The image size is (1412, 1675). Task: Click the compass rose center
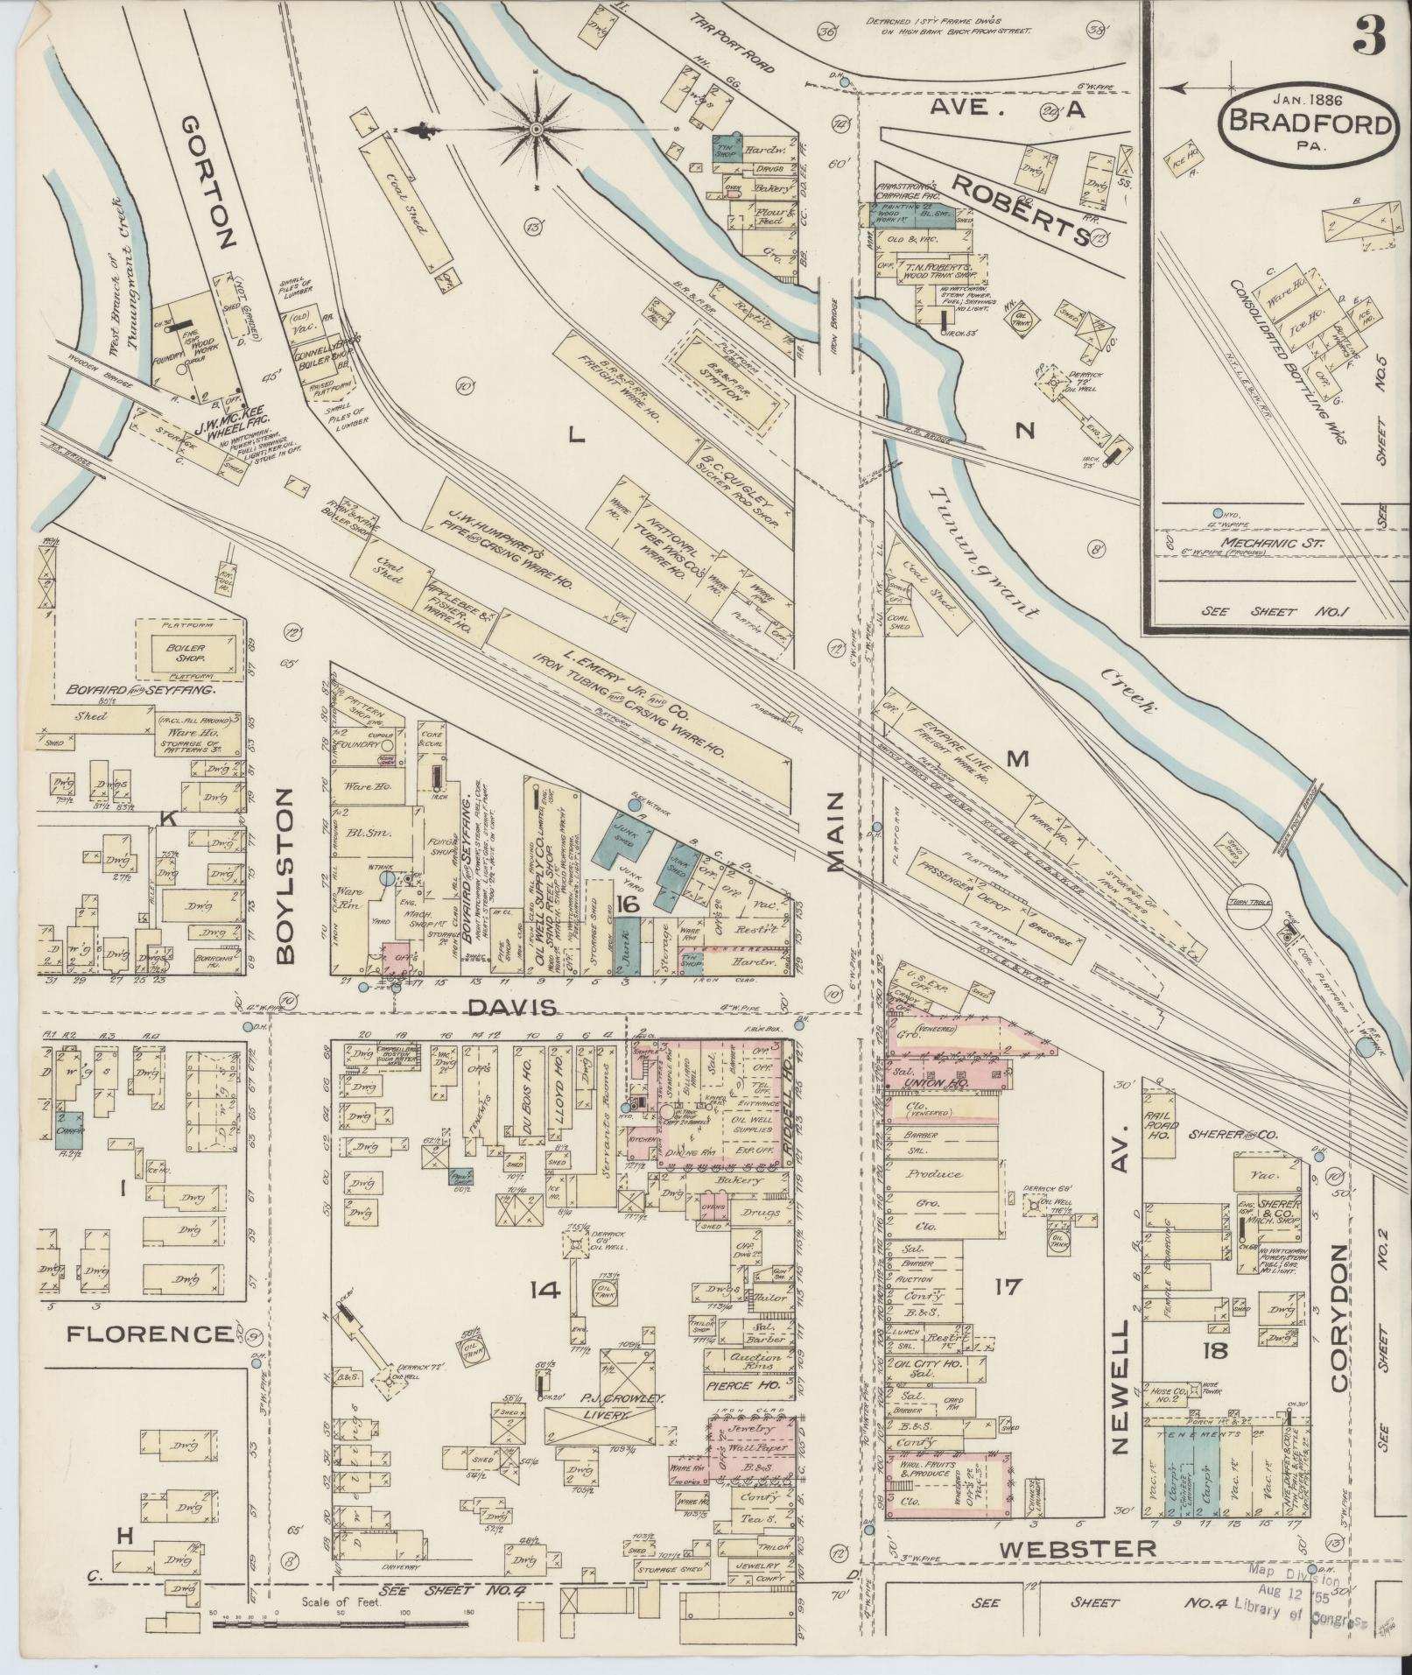[x=536, y=130]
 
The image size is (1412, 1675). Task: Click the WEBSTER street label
[x=1078, y=1548]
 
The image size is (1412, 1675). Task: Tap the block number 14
[x=544, y=1288]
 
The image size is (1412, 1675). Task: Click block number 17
[x=1008, y=1286]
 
